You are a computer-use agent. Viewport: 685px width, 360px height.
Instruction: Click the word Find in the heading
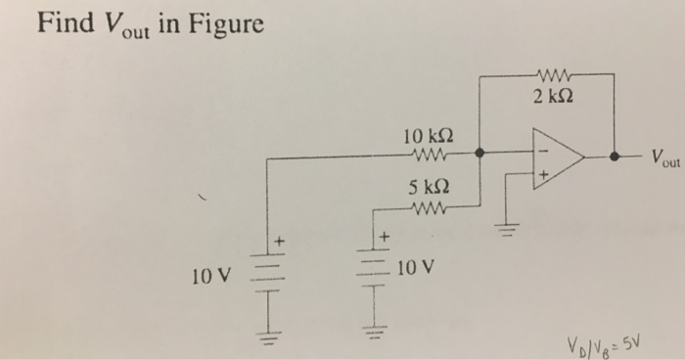point(65,22)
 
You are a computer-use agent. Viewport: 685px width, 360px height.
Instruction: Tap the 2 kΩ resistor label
point(554,96)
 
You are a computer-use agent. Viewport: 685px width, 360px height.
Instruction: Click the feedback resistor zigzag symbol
point(554,72)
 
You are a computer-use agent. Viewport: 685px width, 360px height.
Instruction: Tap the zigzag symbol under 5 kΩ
point(431,206)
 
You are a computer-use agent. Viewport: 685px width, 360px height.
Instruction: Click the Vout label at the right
point(657,159)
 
